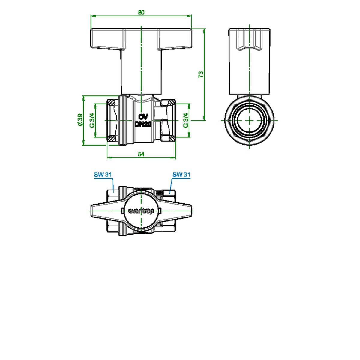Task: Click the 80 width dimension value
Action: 141,12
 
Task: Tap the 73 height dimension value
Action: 201,74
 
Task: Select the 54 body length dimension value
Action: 141,154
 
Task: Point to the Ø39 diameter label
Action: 80,119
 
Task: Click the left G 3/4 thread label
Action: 92,121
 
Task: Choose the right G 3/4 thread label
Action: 186,121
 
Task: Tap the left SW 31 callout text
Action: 103,175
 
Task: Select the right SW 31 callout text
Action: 181,175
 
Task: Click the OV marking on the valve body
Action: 143,117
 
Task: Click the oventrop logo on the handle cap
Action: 141,211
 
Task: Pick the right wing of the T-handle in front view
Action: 174,39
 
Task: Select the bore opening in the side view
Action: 249,120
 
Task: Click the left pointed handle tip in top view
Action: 91,211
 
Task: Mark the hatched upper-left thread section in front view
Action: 111,102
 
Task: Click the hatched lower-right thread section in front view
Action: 171,139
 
